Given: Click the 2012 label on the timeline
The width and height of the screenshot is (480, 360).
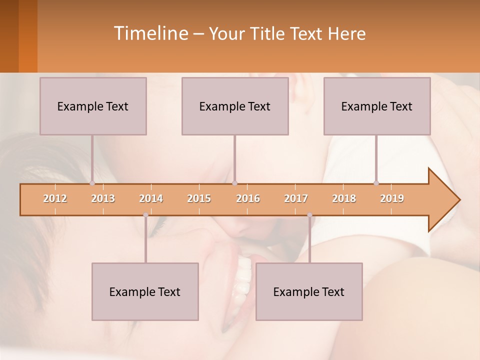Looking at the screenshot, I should click(55, 198).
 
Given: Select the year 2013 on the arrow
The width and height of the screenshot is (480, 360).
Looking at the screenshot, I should click(103, 198).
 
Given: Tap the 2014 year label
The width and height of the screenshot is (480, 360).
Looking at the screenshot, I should click(151, 198).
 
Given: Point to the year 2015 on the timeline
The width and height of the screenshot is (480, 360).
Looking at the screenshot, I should click(199, 198).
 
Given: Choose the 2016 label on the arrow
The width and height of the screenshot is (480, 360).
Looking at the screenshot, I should click(248, 198).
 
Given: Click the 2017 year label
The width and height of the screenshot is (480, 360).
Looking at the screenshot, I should click(296, 198).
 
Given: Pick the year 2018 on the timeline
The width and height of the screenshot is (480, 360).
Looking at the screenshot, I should click(344, 198).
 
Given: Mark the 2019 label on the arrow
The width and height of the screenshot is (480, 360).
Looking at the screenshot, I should click(392, 198).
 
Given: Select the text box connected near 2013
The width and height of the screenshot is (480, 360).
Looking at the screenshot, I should click(93, 106).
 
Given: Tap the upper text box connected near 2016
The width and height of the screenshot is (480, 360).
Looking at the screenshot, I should click(235, 106).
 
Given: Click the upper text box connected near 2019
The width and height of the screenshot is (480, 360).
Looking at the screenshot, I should click(377, 106).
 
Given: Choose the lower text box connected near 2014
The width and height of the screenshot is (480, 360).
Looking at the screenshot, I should click(145, 291).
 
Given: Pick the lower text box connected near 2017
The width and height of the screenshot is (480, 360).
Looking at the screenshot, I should click(309, 291).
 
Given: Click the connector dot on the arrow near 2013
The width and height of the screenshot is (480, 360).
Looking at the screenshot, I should click(92, 183).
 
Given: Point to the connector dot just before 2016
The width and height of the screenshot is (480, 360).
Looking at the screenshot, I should click(234, 183).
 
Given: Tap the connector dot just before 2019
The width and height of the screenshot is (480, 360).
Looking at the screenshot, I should click(376, 183).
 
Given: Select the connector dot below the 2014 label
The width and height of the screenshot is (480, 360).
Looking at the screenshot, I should click(145, 215).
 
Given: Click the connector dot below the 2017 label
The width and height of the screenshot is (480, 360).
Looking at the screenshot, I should click(309, 215).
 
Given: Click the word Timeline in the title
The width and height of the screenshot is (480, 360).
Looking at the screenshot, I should click(150, 33).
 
